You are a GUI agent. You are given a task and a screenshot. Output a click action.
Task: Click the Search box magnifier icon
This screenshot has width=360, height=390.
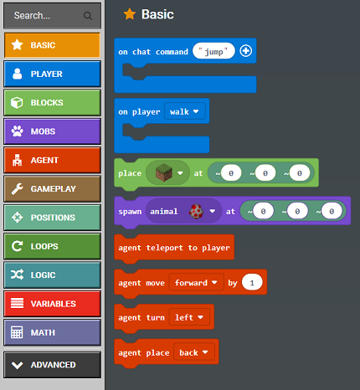[x=88, y=16]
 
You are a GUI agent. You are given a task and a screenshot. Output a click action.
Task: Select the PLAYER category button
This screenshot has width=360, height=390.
[x=52, y=74]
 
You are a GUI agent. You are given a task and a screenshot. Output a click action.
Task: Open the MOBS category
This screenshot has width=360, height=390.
[x=52, y=131]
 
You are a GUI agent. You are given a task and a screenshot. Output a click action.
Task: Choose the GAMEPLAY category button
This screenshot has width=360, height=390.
[x=52, y=189]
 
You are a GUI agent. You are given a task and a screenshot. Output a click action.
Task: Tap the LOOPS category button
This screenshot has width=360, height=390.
[x=52, y=246]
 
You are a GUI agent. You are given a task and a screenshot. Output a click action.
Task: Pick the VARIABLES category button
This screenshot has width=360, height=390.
[x=52, y=304]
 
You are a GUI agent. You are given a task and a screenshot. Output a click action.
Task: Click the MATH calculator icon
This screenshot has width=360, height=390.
[x=17, y=332]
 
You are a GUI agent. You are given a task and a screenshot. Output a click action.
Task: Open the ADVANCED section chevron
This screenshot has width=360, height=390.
[x=18, y=365]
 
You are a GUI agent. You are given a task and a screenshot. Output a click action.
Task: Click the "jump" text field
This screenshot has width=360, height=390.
[x=213, y=51]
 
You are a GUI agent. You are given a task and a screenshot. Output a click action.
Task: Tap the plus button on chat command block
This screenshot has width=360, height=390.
[x=245, y=51]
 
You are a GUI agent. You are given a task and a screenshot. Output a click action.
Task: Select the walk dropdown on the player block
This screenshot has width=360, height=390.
[x=185, y=111]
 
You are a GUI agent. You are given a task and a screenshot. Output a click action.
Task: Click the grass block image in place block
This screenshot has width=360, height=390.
[x=164, y=172]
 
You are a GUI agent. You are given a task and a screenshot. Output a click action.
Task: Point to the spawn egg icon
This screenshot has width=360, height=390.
[x=196, y=211]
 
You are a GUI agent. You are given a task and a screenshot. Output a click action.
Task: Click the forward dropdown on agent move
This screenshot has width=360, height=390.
[x=196, y=283]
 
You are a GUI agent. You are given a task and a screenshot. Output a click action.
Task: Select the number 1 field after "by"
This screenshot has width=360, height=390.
[x=252, y=282]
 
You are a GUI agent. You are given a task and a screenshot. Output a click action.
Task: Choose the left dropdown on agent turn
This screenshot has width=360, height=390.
[x=189, y=317]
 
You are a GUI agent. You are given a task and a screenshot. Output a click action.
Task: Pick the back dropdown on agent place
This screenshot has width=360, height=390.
[x=194, y=352]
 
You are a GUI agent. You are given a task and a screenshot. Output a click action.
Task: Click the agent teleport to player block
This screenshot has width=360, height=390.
[x=174, y=248]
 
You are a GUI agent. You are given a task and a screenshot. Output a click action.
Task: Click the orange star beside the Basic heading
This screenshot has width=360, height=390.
[x=130, y=14]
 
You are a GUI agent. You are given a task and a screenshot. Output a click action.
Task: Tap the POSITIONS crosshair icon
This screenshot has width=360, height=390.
[x=17, y=218]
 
